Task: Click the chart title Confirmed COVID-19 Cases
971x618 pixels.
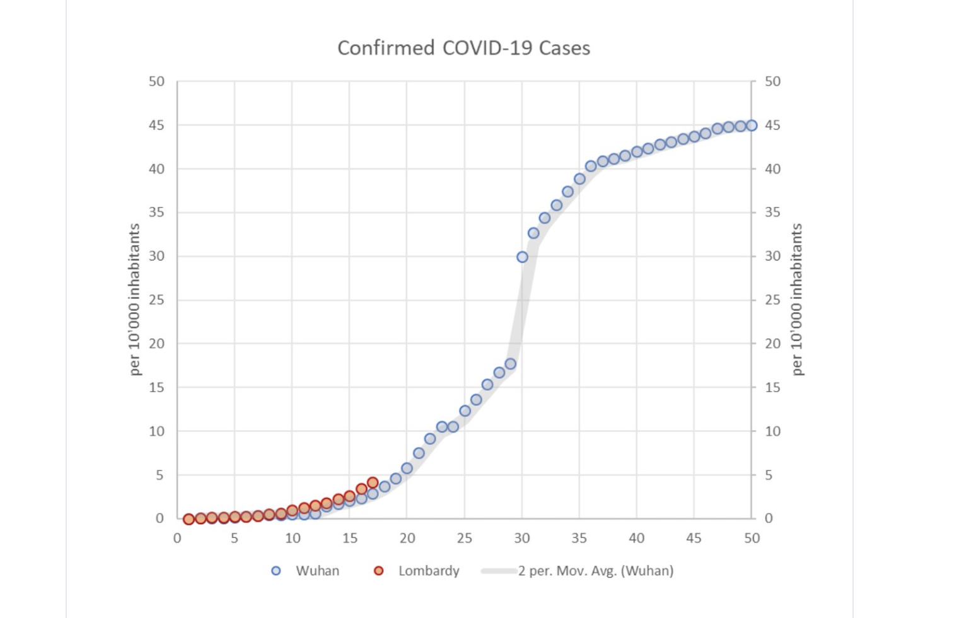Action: (x=463, y=48)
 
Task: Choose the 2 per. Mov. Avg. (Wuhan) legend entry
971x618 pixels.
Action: (x=578, y=571)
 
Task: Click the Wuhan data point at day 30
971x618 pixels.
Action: (x=522, y=257)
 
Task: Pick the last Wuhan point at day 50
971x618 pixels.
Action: (x=752, y=125)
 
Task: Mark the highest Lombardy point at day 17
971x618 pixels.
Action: (x=373, y=483)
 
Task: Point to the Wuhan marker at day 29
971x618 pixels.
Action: (x=511, y=364)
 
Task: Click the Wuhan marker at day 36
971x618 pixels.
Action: (x=591, y=166)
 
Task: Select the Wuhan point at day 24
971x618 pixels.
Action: (x=453, y=427)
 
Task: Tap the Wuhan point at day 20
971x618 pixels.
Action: (x=407, y=469)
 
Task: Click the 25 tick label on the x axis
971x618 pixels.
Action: (x=464, y=539)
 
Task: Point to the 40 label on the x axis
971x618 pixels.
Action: (x=636, y=539)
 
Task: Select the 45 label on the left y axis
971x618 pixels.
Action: (x=156, y=125)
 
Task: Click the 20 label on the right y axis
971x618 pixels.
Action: (x=772, y=344)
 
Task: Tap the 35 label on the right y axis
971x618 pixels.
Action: (x=772, y=213)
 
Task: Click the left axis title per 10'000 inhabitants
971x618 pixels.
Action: (x=134, y=300)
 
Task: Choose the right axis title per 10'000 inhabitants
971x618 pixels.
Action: (x=797, y=300)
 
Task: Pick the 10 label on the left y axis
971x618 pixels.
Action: (x=156, y=431)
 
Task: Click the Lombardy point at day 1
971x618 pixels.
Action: (x=189, y=520)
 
